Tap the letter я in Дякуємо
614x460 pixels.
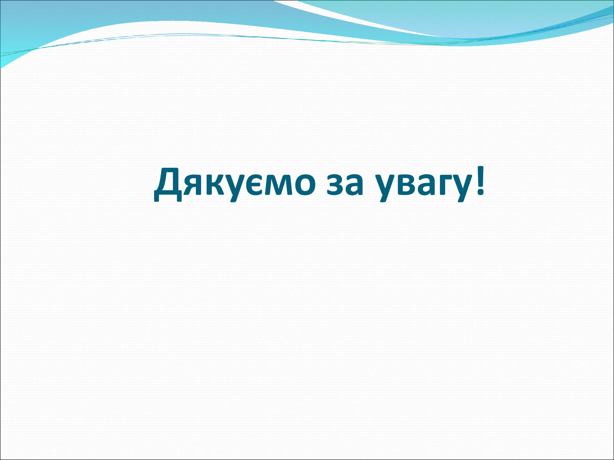[192, 184]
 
